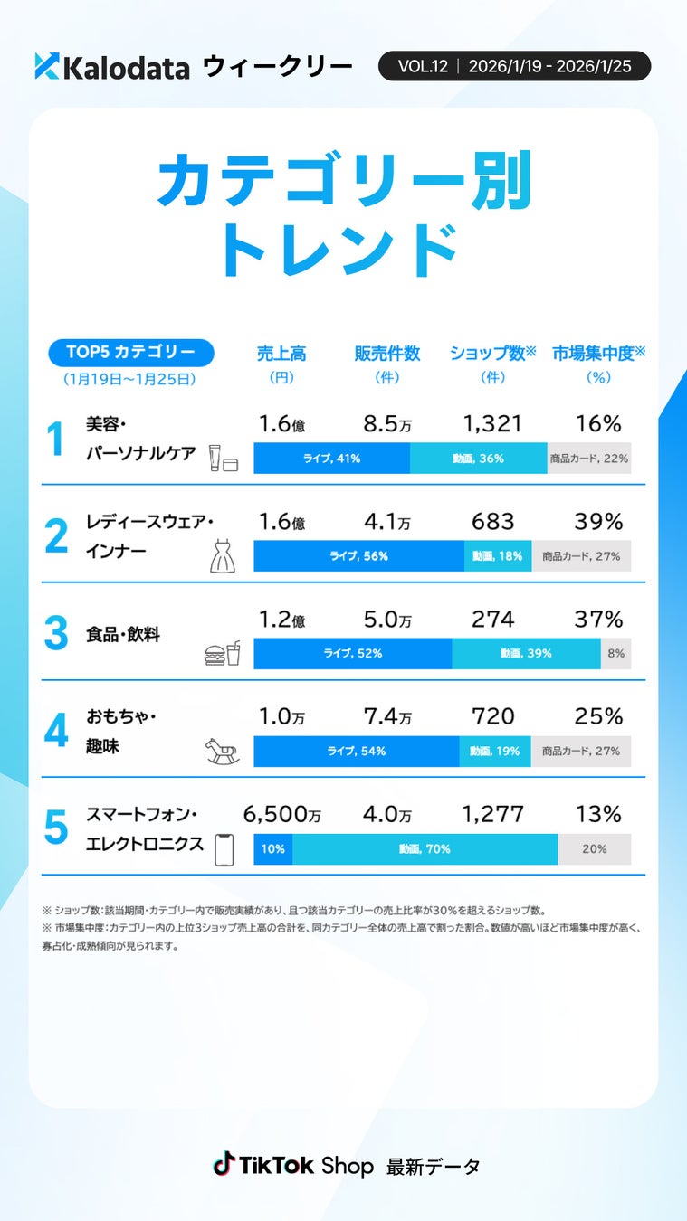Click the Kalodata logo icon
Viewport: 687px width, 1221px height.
pyautogui.click(x=47, y=66)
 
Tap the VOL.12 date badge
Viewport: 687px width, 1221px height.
pyautogui.click(x=514, y=66)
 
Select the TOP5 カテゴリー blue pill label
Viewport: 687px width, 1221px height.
pyautogui.click(x=130, y=353)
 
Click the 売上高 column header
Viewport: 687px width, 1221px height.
pyautogui.click(x=281, y=354)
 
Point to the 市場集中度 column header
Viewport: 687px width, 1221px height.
pyautogui.click(x=598, y=354)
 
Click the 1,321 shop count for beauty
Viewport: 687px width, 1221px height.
pyautogui.click(x=492, y=423)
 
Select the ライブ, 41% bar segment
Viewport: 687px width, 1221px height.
pyautogui.click(x=331, y=459)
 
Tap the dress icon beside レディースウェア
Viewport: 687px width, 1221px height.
pyautogui.click(x=222, y=556)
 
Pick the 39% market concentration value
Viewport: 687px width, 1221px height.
pyautogui.click(x=598, y=521)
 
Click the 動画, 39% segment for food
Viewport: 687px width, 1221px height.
pyautogui.click(x=526, y=653)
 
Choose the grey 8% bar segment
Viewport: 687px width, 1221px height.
pyautogui.click(x=615, y=653)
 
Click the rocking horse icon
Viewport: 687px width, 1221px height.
pyautogui.click(x=222, y=751)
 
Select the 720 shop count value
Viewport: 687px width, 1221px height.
pyautogui.click(x=492, y=716)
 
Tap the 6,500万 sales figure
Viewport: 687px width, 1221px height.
pyautogui.click(x=281, y=814)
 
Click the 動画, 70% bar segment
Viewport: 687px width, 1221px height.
pyautogui.click(x=425, y=849)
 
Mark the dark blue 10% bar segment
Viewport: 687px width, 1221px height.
pyautogui.click(x=272, y=849)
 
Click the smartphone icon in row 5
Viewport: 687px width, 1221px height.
pyautogui.click(x=224, y=849)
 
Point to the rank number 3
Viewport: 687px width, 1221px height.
pyautogui.click(x=56, y=634)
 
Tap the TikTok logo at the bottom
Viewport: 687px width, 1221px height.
pyautogui.click(x=224, y=1165)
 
